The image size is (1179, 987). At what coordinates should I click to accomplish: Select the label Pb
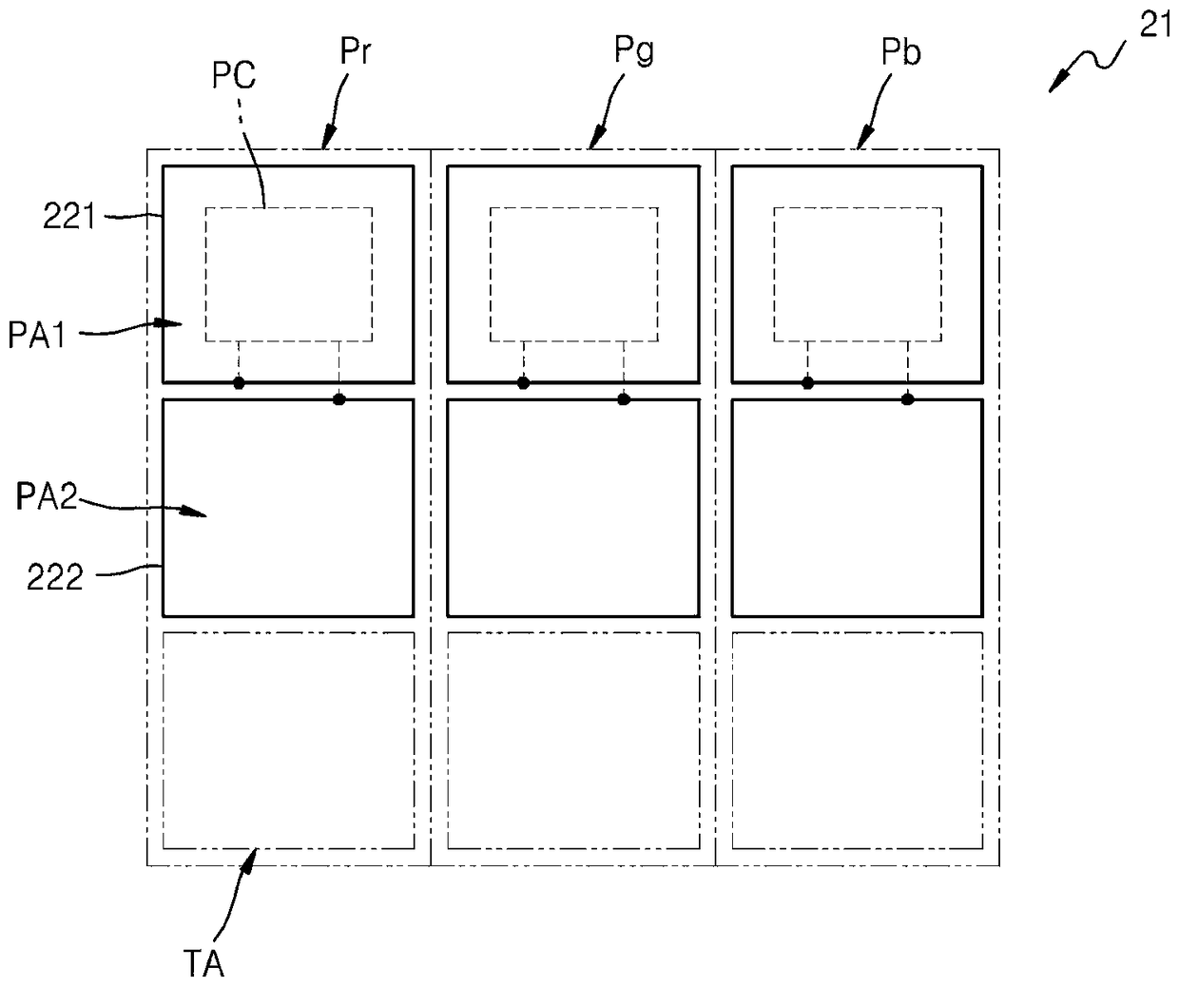point(900,53)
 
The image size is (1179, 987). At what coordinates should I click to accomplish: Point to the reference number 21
point(1156,26)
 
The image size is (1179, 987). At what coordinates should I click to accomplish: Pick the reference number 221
point(69,217)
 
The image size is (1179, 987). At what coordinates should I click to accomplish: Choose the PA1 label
point(37,336)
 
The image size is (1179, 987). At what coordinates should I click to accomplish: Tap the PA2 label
point(47,496)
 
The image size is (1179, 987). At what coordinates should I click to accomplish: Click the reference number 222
point(54,577)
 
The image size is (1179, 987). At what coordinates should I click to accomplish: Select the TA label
point(203,965)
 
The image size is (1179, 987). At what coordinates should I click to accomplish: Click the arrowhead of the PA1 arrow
point(174,324)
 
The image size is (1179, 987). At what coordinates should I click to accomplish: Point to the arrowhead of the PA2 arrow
point(198,514)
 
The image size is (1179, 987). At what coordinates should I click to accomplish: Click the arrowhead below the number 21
point(1055,86)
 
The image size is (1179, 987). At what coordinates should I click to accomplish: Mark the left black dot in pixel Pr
point(240,383)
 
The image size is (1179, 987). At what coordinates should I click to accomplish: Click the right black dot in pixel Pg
point(624,399)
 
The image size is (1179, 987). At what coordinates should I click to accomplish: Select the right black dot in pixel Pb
point(908,399)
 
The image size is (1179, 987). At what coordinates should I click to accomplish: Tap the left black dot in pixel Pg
point(524,383)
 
